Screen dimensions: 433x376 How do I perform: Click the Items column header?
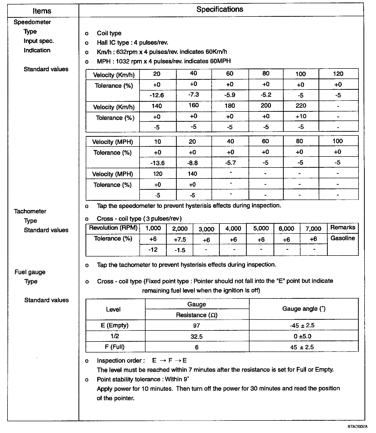coord(42,11)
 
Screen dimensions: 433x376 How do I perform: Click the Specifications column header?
coord(219,9)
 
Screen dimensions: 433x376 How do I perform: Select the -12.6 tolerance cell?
coord(157,95)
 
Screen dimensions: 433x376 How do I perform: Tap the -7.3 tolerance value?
coord(193,95)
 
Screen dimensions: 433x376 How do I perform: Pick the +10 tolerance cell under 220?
coord(301,116)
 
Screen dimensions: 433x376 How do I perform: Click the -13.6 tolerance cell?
coord(157,163)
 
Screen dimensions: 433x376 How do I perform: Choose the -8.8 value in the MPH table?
coord(192,163)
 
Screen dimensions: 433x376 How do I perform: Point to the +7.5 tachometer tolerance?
coord(180,240)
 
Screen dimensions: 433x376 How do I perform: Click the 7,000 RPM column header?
coord(313,229)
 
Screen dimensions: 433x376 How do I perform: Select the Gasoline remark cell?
coord(342,238)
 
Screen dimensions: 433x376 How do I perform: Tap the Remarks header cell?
coord(342,227)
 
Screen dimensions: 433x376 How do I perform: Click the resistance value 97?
coord(196,325)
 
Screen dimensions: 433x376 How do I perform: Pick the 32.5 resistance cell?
coord(196,336)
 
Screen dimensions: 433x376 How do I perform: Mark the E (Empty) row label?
coord(114,325)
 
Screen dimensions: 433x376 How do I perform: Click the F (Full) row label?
coord(114,347)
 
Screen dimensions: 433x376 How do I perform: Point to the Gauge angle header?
coord(303,309)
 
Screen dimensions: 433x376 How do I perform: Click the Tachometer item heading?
coord(30,211)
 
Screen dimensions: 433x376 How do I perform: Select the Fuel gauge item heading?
coord(30,272)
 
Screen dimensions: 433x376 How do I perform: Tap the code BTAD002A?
coord(357,426)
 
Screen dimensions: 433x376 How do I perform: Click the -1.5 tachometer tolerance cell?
coord(180,250)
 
